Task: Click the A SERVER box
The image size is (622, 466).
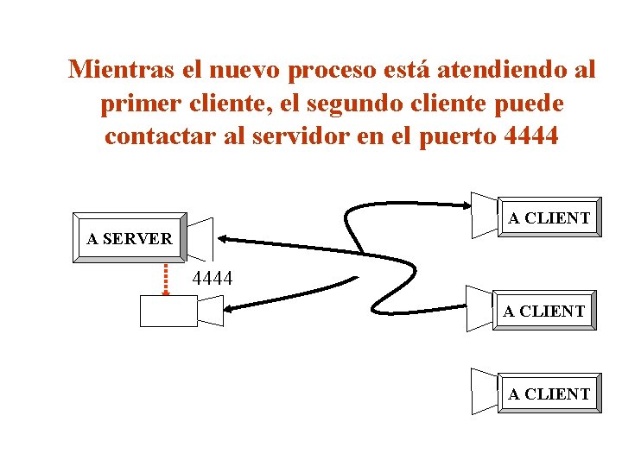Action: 129,237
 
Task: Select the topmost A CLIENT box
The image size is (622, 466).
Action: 549,217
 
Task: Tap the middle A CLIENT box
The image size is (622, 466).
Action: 544,311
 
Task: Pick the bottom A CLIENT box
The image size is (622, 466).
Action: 549,394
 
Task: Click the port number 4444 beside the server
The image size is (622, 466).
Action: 212,278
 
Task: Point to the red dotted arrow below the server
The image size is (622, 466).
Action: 166,277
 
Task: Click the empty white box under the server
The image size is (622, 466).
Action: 168,311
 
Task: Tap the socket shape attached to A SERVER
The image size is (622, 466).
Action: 200,238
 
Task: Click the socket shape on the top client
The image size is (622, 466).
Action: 485,213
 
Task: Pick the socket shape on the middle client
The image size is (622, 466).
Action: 480,308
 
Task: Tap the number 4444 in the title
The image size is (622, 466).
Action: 530,136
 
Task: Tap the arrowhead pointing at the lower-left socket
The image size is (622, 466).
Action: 230,306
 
